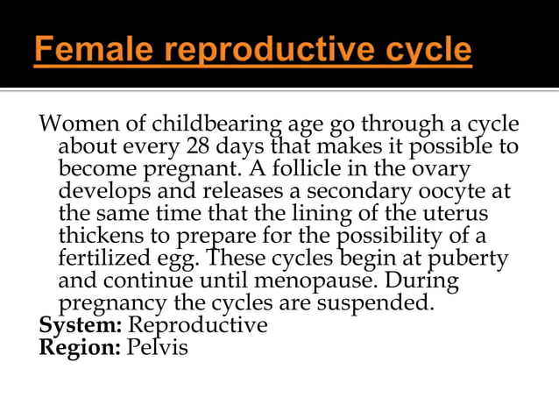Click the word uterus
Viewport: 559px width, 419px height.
pyautogui.click(x=457, y=214)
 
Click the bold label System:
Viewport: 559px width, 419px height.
pyautogui.click(x=81, y=325)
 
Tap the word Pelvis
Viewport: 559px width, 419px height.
pyautogui.click(x=158, y=347)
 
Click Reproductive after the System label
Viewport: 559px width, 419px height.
pyautogui.click(x=197, y=325)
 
